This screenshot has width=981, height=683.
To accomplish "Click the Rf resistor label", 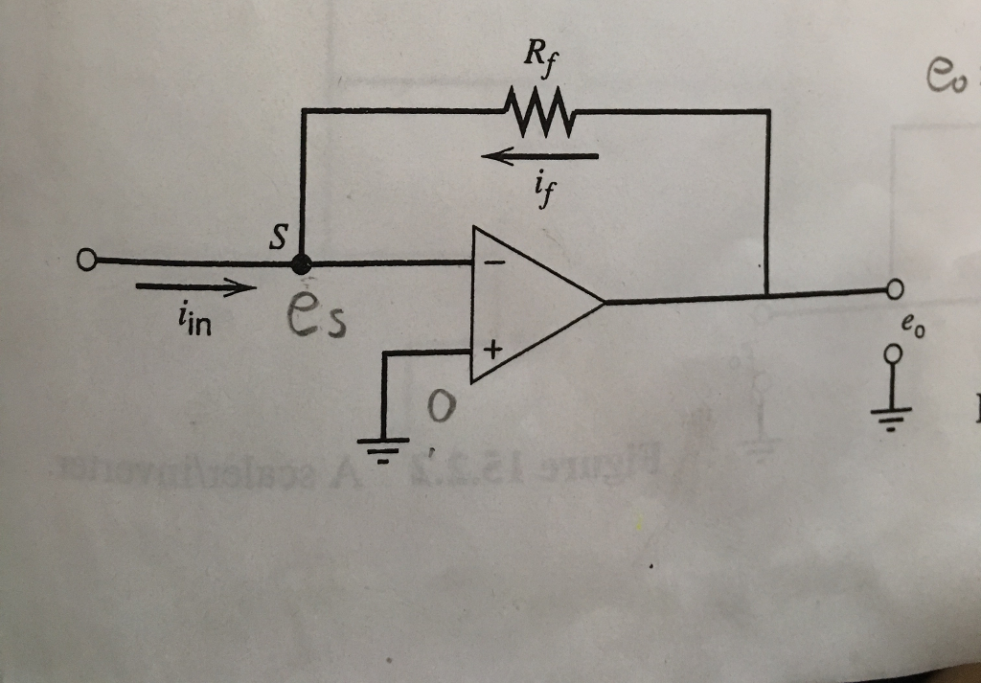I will pyautogui.click(x=538, y=55).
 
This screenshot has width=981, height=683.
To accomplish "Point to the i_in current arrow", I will pyautogui.click(x=197, y=285).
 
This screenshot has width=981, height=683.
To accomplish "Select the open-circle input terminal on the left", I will pyautogui.click(x=87, y=260).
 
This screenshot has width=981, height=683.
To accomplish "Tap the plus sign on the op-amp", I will pyautogui.click(x=491, y=351).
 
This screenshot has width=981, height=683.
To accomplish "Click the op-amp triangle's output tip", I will pyautogui.click(x=604, y=303).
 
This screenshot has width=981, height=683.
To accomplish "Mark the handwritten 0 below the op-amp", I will pyautogui.click(x=438, y=409).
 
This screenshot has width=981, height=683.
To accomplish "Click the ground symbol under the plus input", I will pyautogui.click(x=382, y=444).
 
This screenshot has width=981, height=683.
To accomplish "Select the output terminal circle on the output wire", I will pyautogui.click(x=895, y=288).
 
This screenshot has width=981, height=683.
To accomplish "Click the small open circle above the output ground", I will pyautogui.click(x=894, y=354).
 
